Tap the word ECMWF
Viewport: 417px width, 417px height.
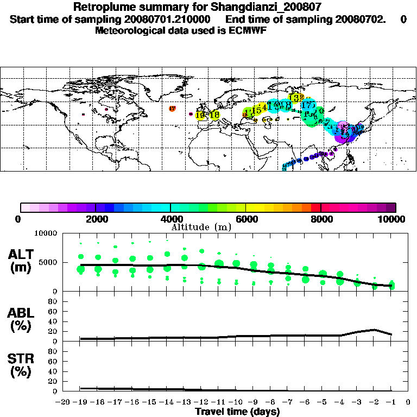pyautogui.click(x=248, y=30)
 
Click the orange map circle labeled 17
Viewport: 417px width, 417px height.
pyautogui.click(x=172, y=109)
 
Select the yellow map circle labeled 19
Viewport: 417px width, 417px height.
pyautogui.click(x=200, y=115)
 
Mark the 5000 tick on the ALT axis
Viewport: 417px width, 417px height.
pyautogui.click(x=49, y=262)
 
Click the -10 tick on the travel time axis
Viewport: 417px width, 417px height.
pyautogui.click(x=236, y=403)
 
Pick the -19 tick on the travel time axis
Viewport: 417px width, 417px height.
pyautogui.click(x=80, y=403)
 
